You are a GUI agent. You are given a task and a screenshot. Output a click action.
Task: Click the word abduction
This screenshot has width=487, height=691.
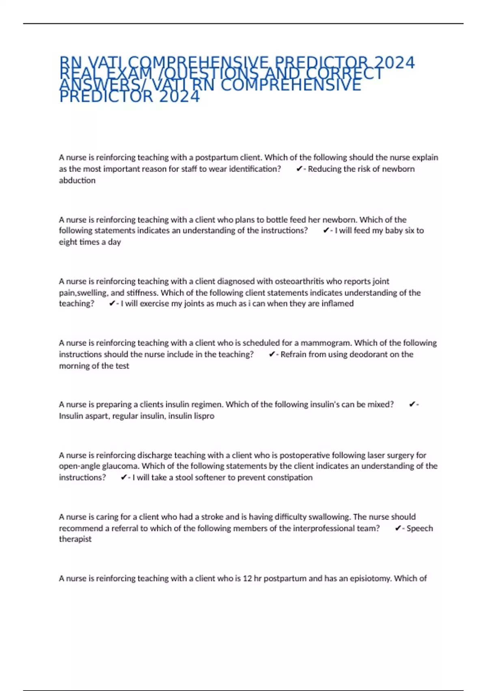click(77, 180)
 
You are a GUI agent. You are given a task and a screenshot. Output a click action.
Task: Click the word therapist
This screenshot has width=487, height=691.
click(75, 539)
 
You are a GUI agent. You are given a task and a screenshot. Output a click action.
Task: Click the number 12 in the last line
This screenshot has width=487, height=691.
click(247, 578)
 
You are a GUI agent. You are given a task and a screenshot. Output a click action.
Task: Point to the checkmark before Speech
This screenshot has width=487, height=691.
click(398, 528)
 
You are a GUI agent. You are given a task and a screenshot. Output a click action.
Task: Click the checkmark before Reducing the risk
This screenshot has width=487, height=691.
click(299, 169)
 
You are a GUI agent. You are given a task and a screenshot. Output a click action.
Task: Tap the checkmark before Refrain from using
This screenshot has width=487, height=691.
click(272, 354)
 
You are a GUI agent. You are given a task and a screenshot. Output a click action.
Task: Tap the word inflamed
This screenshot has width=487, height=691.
click(337, 304)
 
